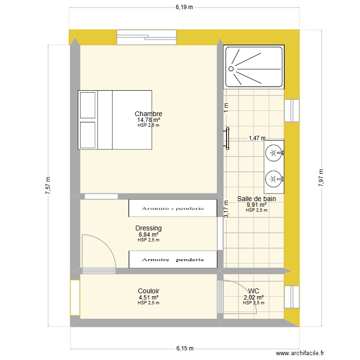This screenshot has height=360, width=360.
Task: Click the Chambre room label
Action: click(148, 114)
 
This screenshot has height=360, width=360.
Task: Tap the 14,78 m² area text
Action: click(148, 120)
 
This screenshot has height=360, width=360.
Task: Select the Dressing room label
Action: click(148, 228)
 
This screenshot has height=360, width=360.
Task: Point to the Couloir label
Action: click(148, 291)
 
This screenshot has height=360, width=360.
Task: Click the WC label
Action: click(253, 291)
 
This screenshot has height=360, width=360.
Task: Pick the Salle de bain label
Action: click(256, 198)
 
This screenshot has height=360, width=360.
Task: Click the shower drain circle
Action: click(231, 69)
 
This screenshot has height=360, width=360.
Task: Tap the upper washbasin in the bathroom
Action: click(274, 153)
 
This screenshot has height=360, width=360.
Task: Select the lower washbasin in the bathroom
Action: click(274, 179)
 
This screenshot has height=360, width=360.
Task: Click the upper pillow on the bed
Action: click(88, 105)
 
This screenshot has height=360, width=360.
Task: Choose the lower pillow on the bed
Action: click(88, 135)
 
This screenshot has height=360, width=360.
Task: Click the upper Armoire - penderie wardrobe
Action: click(173, 208)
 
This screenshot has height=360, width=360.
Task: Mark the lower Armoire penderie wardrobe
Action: click(173, 260)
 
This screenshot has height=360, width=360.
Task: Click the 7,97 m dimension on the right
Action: click(321, 178)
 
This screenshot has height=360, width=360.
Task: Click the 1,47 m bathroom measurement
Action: click(257, 138)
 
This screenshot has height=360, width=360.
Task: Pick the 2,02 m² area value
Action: click(253, 297)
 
